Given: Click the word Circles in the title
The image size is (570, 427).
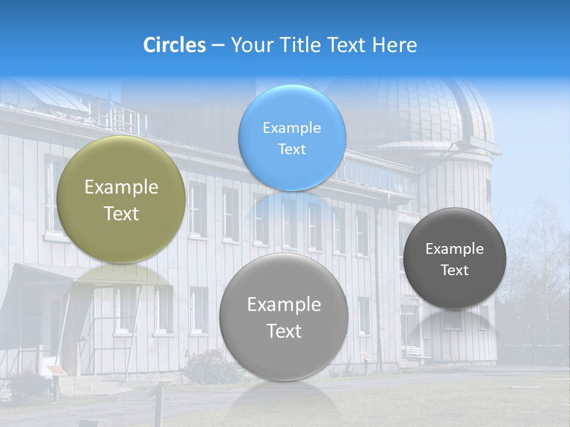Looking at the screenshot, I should coord(174,45).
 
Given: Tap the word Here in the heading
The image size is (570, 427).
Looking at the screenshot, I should coord(394,45).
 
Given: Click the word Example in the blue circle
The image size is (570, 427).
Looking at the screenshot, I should coord(292,128).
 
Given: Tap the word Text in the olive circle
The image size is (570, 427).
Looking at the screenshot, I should coord(121,213).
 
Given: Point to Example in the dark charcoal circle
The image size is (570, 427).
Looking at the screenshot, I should coord(455,249).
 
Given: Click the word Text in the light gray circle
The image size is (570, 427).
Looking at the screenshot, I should coord(284,331).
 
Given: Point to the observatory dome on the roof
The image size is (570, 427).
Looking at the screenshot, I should coord(427,113).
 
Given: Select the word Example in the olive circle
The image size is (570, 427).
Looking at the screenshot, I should coord(121,187).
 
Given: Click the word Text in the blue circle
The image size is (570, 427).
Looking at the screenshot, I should coord(292,149).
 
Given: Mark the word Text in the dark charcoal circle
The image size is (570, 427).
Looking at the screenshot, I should coord(455,270).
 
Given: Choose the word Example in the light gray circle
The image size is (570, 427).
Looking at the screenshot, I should coord(284,305).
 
